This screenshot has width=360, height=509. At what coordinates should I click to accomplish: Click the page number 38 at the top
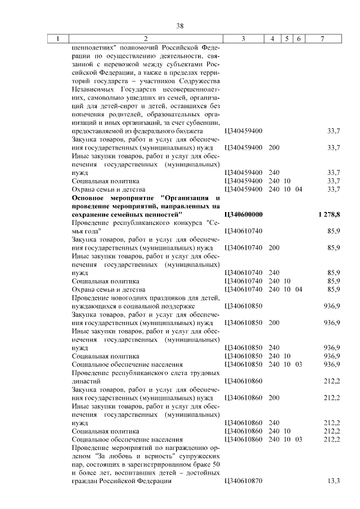point(180,26)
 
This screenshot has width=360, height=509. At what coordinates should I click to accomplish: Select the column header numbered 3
point(243,39)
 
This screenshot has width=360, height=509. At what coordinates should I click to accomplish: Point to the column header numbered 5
point(287,39)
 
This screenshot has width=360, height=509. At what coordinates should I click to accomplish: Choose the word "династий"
point(85,381)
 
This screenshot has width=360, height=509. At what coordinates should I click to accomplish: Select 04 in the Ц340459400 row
point(299,189)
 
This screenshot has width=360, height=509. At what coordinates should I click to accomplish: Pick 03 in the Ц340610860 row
point(299,439)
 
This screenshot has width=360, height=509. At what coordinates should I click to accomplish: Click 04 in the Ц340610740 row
point(299,289)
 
